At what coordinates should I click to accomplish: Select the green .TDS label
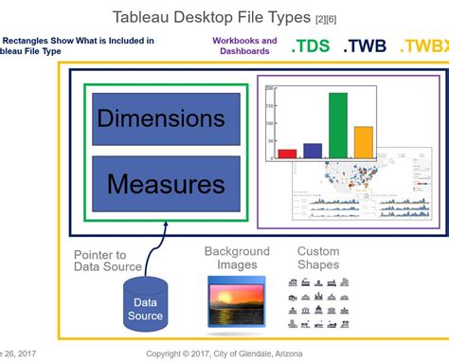coord(310,45)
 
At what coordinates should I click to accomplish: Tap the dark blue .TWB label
coord(366,45)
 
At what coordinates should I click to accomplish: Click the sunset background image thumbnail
coord(237,300)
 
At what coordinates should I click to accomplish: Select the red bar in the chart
coord(287,152)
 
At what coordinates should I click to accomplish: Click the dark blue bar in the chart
coord(313,149)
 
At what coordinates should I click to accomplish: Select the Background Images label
coord(237,258)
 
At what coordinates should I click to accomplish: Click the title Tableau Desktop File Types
coord(211,16)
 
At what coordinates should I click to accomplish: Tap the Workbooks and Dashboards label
coord(244,46)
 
